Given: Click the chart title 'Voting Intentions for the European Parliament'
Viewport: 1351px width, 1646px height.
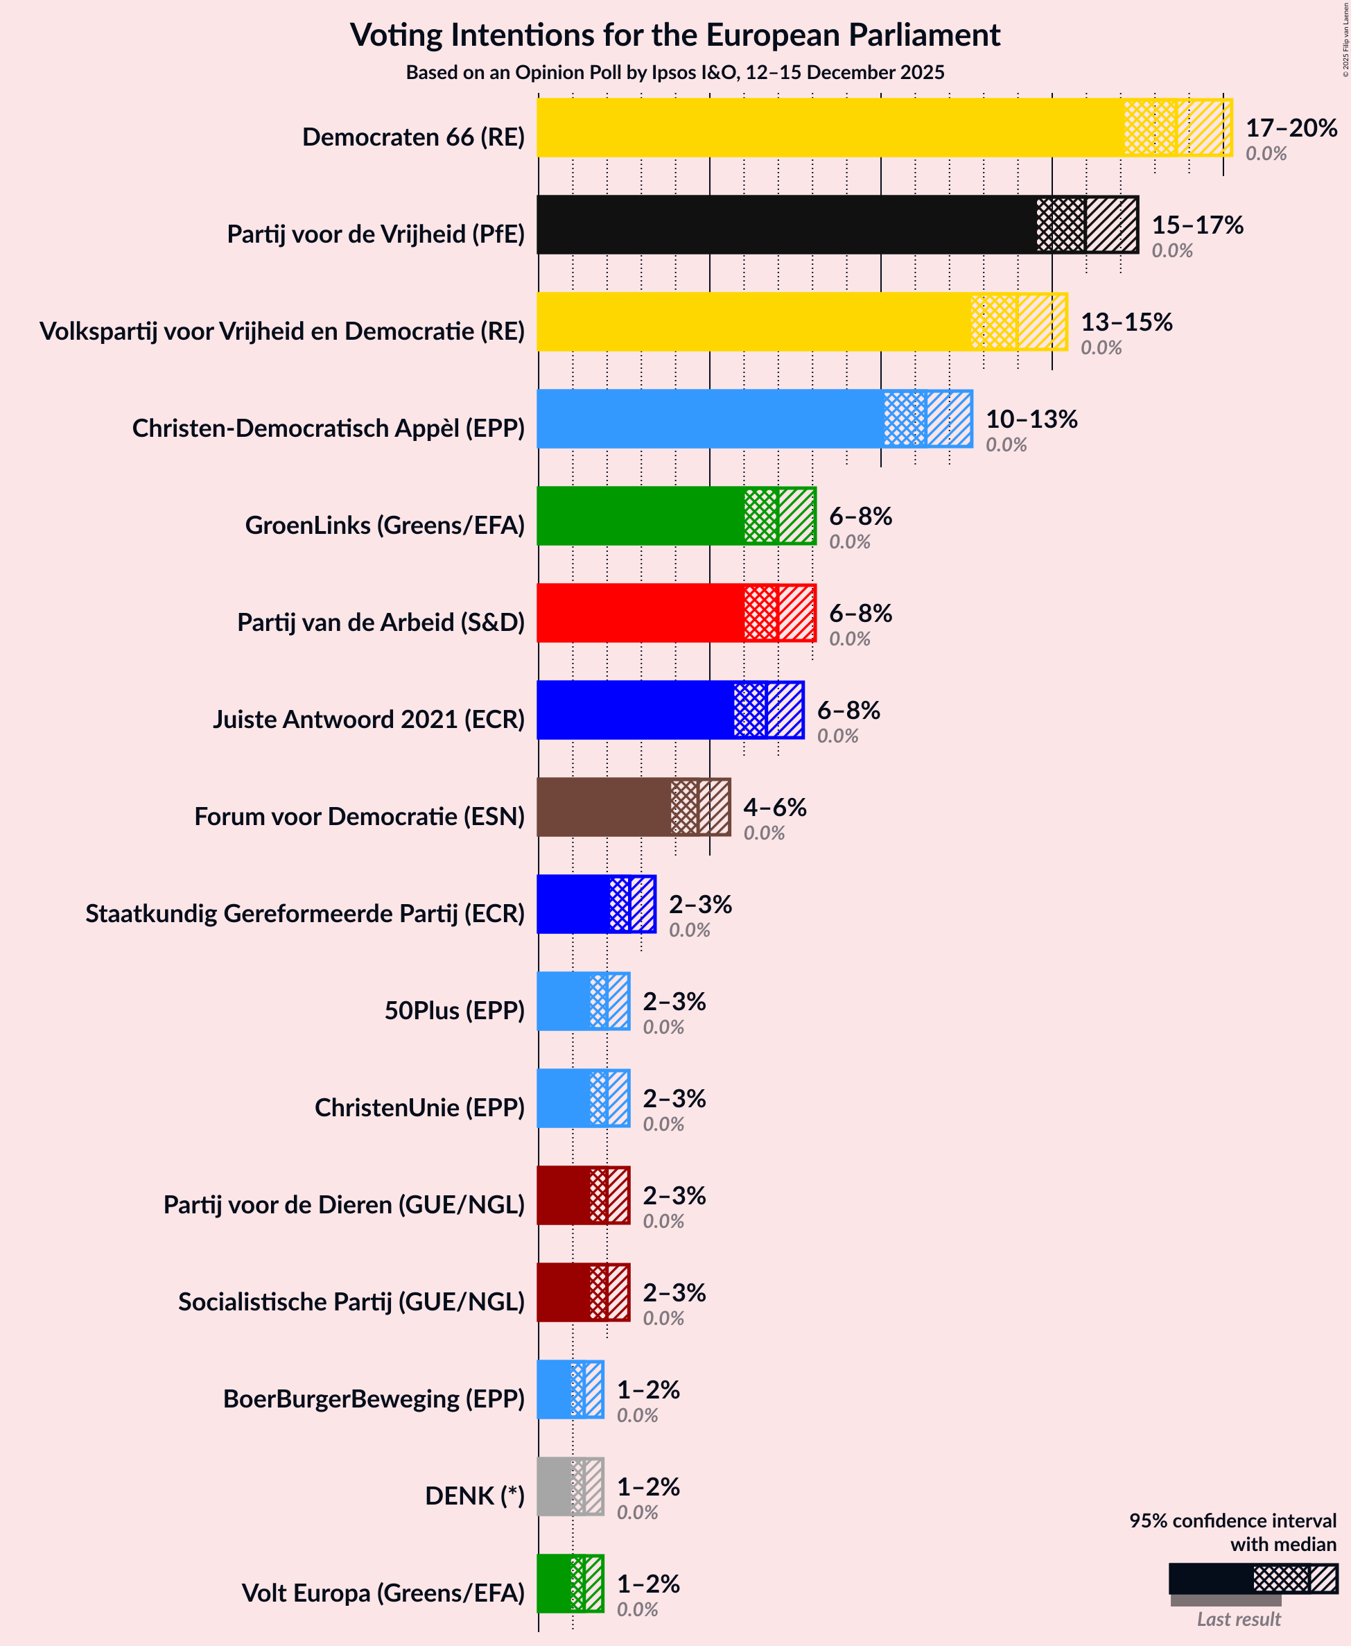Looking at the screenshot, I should tap(674, 35).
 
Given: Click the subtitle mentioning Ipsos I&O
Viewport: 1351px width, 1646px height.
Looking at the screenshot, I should tap(674, 72).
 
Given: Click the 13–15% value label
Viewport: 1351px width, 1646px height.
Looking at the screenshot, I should tap(1126, 322).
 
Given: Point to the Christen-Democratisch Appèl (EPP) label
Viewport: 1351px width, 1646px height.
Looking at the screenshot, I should tap(329, 428).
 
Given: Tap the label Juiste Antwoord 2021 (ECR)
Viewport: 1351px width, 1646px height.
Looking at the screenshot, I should tap(369, 719).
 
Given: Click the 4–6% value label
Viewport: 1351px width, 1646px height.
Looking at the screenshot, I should tap(774, 807).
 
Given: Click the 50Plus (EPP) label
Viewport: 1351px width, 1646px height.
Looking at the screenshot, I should tap(455, 1010).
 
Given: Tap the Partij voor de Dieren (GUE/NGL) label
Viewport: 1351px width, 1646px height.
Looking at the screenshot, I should tap(344, 1205).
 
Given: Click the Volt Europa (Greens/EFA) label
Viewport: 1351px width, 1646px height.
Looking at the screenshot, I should tap(383, 1593).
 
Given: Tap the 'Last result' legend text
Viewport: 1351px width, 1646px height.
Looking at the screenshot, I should tap(1238, 1620).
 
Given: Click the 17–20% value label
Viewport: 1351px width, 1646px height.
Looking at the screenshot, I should tap(1291, 128).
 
